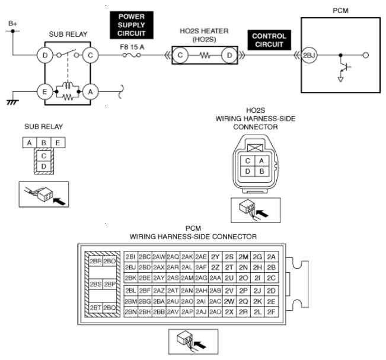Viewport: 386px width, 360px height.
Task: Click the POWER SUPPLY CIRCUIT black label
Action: point(132,25)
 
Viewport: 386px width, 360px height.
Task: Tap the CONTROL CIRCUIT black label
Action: point(269,40)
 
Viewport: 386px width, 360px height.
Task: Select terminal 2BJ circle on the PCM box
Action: point(309,55)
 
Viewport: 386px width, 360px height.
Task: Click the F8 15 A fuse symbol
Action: point(132,55)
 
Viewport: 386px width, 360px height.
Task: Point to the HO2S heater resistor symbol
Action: point(205,55)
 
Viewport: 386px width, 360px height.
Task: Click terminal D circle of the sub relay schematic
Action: point(45,55)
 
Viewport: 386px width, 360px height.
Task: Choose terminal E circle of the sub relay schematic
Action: point(45,91)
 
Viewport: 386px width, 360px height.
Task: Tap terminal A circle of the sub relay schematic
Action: point(90,91)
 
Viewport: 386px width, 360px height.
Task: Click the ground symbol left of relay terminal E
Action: point(12,102)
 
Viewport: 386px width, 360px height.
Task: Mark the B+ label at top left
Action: point(12,24)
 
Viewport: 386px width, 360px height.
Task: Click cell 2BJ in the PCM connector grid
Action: point(130,267)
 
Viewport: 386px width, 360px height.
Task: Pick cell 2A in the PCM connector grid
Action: point(272,257)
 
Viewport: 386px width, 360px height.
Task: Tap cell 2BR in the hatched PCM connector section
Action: point(95,261)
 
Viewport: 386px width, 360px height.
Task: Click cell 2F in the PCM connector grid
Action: point(272,312)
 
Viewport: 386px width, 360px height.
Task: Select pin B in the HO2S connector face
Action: point(262,171)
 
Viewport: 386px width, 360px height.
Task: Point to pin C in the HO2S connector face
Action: point(248,161)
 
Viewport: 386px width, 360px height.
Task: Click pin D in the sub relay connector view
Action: point(44,167)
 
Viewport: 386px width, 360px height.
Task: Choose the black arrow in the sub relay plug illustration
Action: point(59,201)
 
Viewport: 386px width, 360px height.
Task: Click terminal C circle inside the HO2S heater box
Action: point(180,55)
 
